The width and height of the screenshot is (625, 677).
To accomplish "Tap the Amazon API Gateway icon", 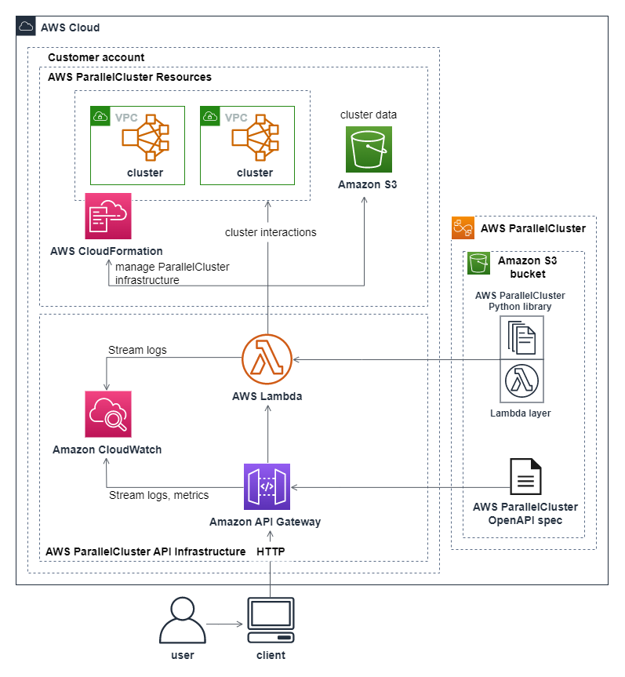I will [x=267, y=487].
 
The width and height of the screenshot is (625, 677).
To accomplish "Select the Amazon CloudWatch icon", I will [x=108, y=414].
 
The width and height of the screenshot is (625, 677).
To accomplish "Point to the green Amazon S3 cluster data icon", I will [x=369, y=149].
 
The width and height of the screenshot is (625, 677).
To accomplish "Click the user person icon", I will [x=182, y=620].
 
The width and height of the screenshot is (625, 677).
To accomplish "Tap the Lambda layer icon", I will [x=521, y=382].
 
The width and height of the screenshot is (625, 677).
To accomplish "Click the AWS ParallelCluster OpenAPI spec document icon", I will [x=525, y=476].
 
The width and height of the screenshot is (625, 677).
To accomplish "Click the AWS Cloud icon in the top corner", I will [x=26, y=27].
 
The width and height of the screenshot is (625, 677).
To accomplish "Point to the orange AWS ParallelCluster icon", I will [x=463, y=228].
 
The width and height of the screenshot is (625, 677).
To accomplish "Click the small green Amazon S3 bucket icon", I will [x=478, y=263].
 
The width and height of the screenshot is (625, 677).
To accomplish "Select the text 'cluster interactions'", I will [x=271, y=232].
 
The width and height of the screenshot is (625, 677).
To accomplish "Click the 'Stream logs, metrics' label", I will [x=158, y=495].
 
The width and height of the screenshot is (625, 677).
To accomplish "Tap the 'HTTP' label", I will [x=271, y=551].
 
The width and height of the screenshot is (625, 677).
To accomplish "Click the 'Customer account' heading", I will [x=96, y=58].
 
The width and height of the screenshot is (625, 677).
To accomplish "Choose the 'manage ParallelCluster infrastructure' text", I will [x=172, y=273].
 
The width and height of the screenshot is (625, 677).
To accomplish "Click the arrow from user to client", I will [x=224, y=624].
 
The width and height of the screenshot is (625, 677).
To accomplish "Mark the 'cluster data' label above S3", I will [x=369, y=115].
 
